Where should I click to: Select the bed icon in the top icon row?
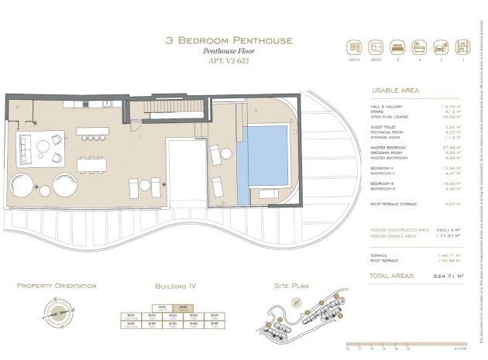pos(397,46)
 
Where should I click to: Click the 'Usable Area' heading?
pos(395,91)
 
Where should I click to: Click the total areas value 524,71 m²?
pos(448,274)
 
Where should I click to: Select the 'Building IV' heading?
pos(177,286)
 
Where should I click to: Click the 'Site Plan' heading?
pos(291,286)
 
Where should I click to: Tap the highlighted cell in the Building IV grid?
pos(184,307)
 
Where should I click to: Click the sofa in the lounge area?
pos(30,147)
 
